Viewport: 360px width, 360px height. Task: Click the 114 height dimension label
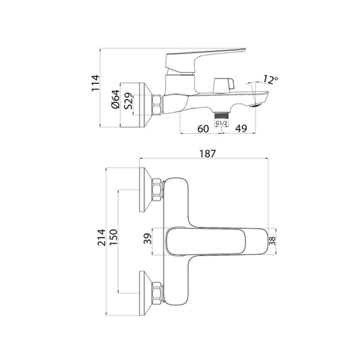click(95, 82)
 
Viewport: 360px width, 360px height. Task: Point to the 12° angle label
click(270, 79)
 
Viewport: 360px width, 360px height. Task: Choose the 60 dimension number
click(203, 129)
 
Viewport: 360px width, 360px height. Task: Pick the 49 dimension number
click(241, 129)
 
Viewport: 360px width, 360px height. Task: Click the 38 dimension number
click(272, 241)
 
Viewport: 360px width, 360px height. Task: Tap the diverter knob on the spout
click(224, 84)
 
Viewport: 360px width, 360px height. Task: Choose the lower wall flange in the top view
click(147, 292)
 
